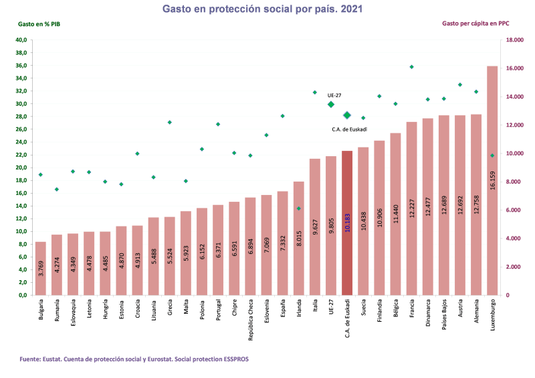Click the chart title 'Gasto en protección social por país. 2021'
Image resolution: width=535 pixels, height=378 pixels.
pyautogui.click(x=267, y=9)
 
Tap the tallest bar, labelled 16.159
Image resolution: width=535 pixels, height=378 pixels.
pyautogui.click(x=492, y=180)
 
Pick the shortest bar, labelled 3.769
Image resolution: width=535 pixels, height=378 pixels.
pyautogui.click(x=41, y=268)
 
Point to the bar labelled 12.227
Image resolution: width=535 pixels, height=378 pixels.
pyautogui.click(x=412, y=208)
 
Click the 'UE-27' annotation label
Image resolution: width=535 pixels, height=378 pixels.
pyautogui.click(x=334, y=96)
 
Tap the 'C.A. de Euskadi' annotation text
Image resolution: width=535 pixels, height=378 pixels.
pyautogui.click(x=350, y=129)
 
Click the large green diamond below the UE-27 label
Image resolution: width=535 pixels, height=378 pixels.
pyautogui.click(x=331, y=105)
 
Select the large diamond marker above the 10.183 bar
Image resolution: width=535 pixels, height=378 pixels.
pyautogui.click(x=347, y=115)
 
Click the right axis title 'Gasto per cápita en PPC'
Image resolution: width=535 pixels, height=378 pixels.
pyautogui.click(x=475, y=23)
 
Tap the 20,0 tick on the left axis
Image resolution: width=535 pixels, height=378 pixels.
pyautogui.click(x=21, y=168)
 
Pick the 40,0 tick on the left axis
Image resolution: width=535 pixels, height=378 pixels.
pyautogui.click(x=21, y=40)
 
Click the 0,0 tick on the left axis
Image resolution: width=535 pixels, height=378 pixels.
pyautogui.click(x=22, y=295)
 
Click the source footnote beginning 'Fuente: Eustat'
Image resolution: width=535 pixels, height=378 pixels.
pyautogui.click(x=134, y=359)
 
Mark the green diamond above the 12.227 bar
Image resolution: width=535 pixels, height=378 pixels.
pyautogui.click(x=412, y=67)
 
